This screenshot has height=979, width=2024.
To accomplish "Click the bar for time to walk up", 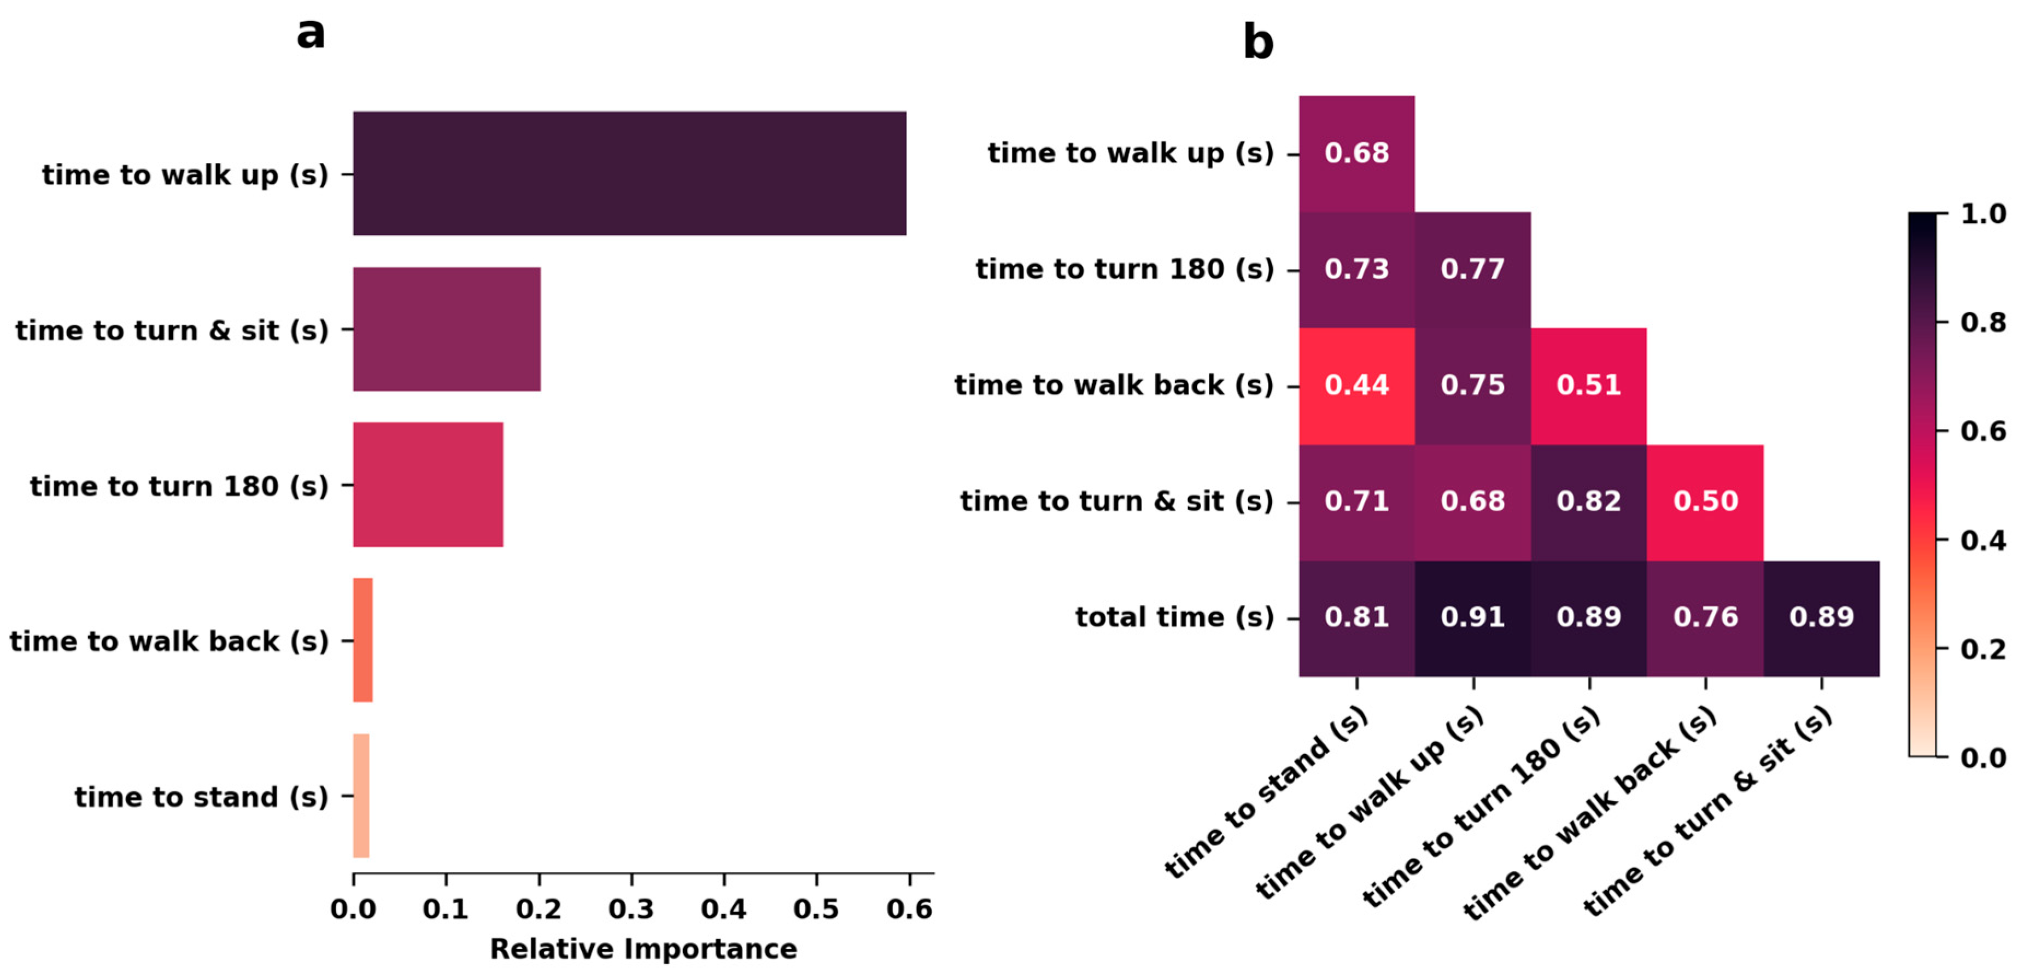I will click(629, 173).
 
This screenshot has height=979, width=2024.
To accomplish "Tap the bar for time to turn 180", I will click(428, 484).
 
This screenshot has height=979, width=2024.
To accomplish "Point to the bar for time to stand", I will click(361, 795).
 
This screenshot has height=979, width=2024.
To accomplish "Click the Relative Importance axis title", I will click(643, 948).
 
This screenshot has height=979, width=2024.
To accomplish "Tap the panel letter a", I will click(311, 33).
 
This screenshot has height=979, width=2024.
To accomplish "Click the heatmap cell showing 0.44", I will click(1356, 385).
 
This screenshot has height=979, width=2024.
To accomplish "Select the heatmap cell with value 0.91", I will click(1472, 617).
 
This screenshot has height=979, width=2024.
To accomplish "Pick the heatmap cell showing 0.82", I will click(1589, 502).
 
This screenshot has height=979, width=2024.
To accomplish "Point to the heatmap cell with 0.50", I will click(1705, 502).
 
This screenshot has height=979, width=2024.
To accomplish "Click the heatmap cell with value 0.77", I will click(1472, 269).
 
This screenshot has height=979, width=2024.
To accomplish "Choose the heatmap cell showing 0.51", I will click(1589, 385).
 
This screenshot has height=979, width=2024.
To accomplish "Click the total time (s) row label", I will click(1174, 617).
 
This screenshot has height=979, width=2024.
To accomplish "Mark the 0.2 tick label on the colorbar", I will click(1982, 649).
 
